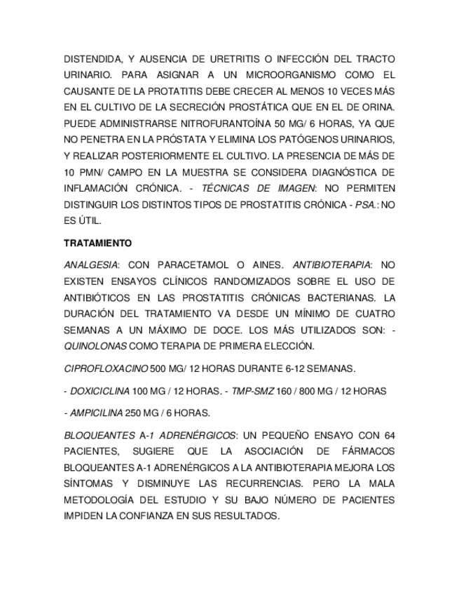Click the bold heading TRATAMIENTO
[x=97, y=243]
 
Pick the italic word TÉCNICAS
[x=224, y=188]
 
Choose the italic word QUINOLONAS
[x=95, y=345]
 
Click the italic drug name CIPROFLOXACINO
[x=106, y=368]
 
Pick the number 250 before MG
[x=135, y=413]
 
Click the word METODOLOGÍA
[x=104, y=500]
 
